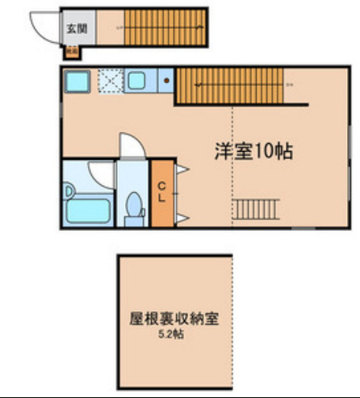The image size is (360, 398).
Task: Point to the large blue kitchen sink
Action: [x=77, y=82]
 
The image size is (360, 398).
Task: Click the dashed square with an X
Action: [x=109, y=82]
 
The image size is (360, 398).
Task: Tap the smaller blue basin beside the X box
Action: [x=135, y=81]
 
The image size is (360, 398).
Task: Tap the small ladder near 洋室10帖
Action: [x=256, y=209]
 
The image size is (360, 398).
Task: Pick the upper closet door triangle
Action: [x=183, y=169]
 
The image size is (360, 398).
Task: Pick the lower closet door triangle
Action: [x=183, y=218]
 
